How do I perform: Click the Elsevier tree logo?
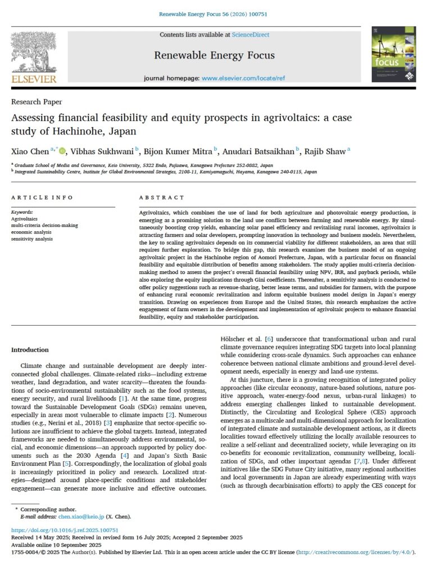[x=34, y=53]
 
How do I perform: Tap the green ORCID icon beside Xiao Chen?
[x=62, y=151]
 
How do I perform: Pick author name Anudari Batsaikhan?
[x=259, y=151]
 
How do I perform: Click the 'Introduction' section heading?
[x=30, y=350]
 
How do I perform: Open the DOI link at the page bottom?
[x=65, y=530]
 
